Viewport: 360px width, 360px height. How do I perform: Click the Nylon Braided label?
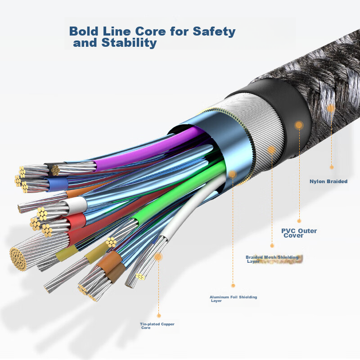(x=328, y=182)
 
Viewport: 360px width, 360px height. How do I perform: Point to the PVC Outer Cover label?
(x=299, y=233)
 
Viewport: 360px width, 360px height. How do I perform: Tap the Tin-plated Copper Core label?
(x=157, y=326)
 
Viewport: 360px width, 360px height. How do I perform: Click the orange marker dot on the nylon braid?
(x=331, y=108)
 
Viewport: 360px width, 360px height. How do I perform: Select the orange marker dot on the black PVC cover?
(x=299, y=126)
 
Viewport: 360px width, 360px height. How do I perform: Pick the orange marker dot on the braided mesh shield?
(x=271, y=149)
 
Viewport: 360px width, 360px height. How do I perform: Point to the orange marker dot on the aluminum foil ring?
(x=233, y=174)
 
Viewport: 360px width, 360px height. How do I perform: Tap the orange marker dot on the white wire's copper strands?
(x=158, y=256)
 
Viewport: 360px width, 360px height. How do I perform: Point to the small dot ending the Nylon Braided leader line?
(x=332, y=167)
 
